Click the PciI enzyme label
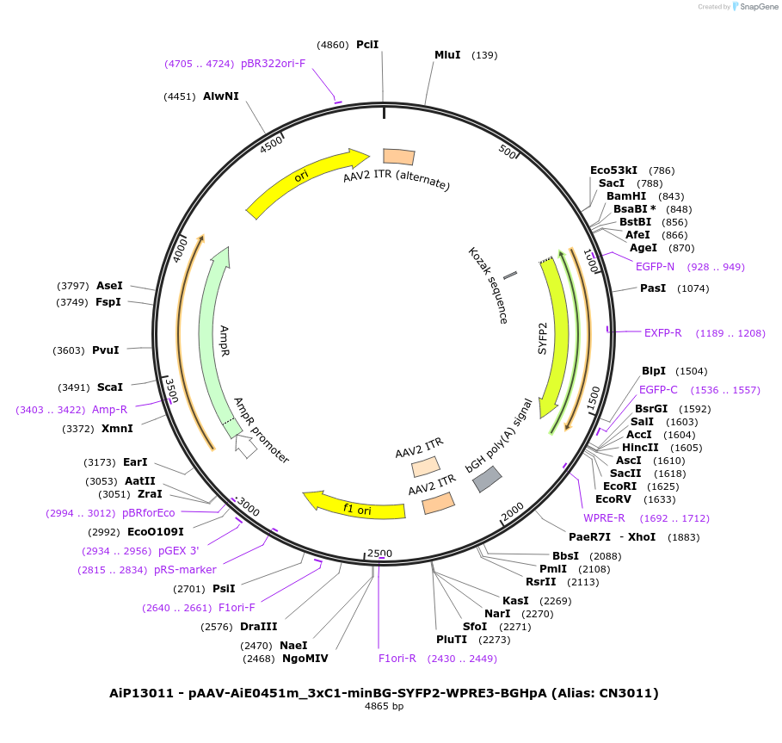[x=367, y=44]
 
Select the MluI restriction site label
[x=447, y=55]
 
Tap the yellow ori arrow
[x=305, y=178]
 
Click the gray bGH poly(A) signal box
[x=487, y=480]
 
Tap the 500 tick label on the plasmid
[x=507, y=152]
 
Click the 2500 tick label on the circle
[x=379, y=554]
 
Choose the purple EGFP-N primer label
[x=656, y=266]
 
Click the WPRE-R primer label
[x=604, y=518]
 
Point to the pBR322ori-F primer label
[x=273, y=63]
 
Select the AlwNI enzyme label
[x=221, y=96]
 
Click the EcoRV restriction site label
[x=613, y=499]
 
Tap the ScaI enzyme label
[x=110, y=387]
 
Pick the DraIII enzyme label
[x=259, y=627]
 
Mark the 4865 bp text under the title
[x=384, y=707]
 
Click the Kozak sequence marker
[x=510, y=275]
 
